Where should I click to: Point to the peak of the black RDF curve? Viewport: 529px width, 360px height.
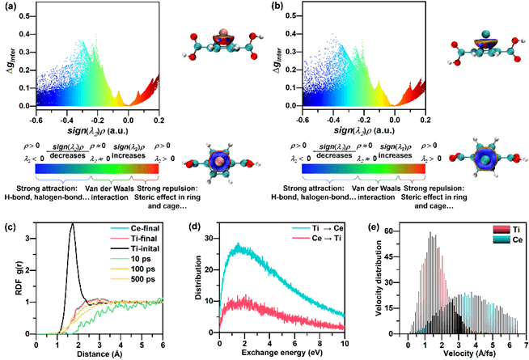point(73,225)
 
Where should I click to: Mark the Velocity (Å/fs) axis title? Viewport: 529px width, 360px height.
point(459,353)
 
